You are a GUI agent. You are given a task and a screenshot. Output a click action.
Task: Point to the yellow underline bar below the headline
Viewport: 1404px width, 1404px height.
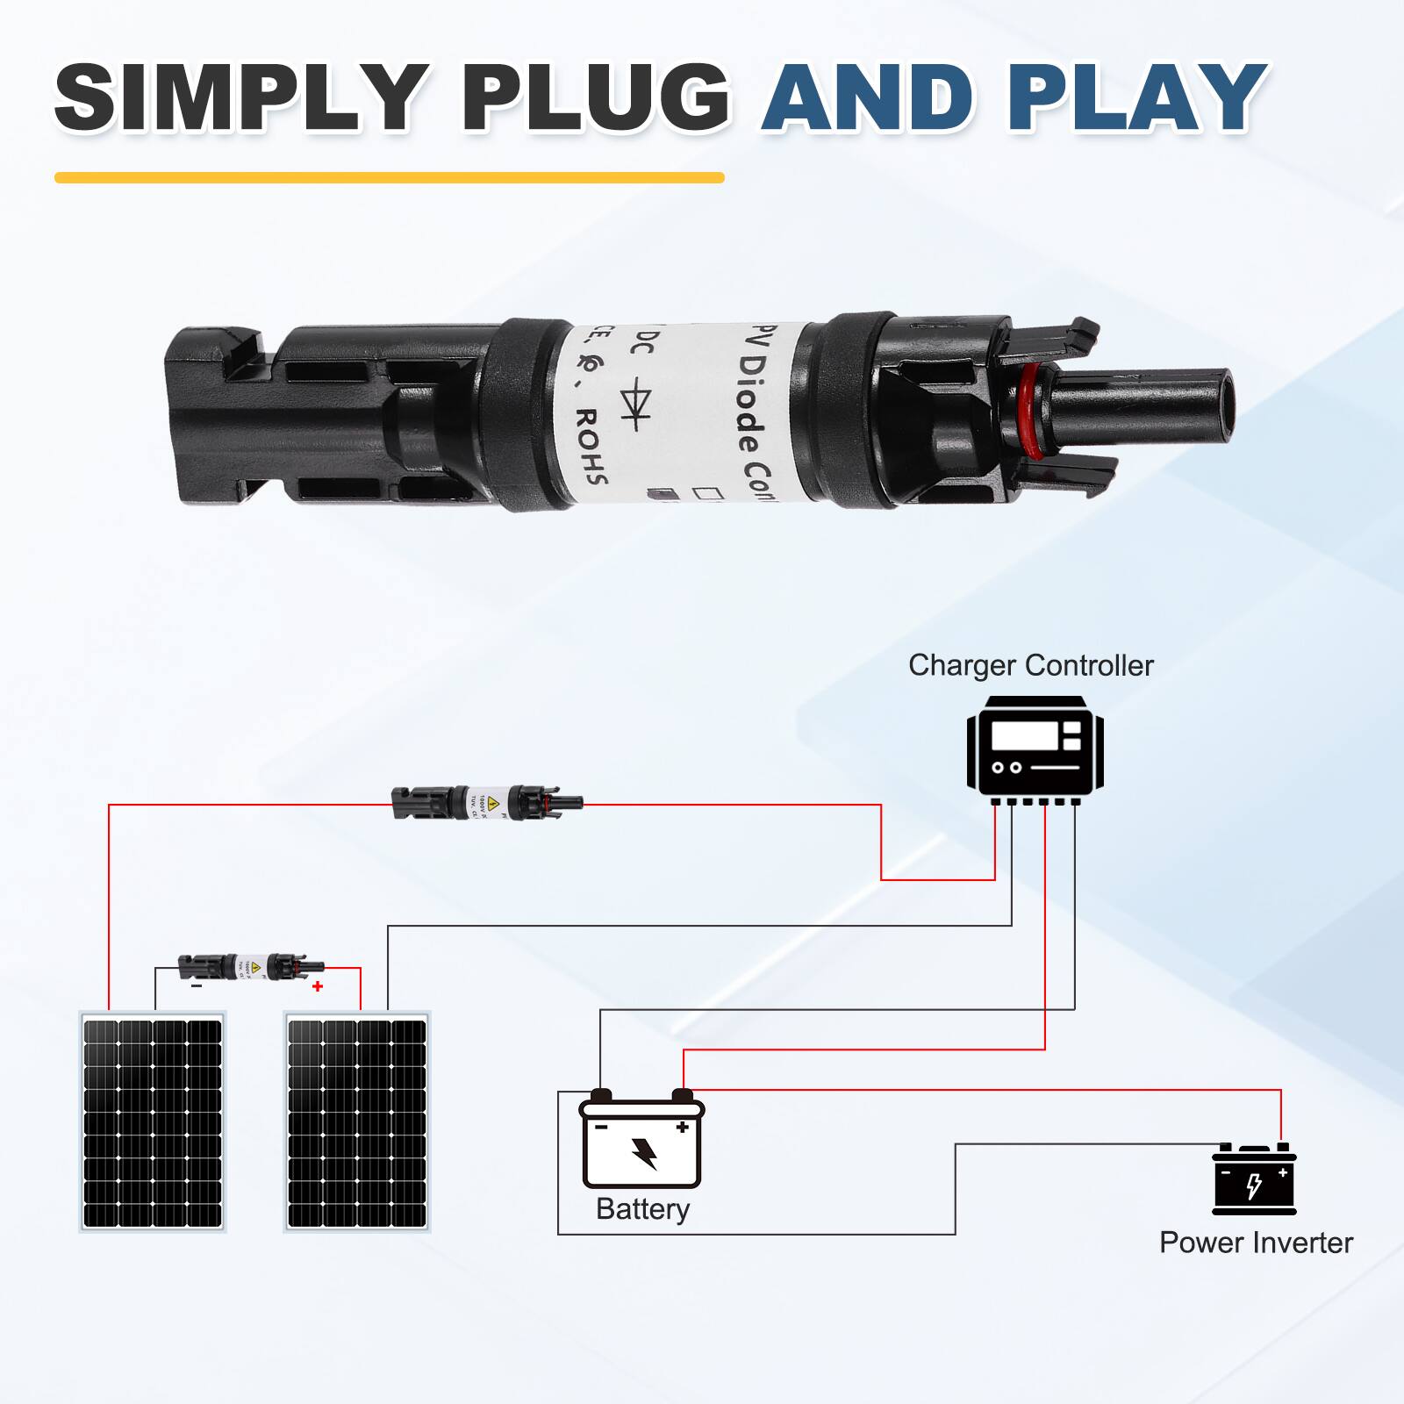click(389, 177)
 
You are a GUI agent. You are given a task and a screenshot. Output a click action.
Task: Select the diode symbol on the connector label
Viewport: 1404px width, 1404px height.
click(634, 404)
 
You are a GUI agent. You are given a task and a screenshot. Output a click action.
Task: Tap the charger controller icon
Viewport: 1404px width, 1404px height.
click(1035, 750)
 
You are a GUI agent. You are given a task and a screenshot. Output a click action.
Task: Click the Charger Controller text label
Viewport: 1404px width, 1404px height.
click(1030, 665)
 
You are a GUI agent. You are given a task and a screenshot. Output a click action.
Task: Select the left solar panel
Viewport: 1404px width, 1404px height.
click(153, 1122)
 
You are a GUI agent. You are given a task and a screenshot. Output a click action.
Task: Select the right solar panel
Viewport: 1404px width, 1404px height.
click(357, 1122)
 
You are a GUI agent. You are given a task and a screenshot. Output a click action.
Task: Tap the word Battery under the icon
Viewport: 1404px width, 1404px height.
click(642, 1208)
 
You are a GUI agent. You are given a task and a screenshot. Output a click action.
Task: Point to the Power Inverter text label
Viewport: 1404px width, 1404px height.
click(1255, 1243)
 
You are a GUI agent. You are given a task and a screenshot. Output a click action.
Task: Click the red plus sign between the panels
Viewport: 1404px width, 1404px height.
click(318, 986)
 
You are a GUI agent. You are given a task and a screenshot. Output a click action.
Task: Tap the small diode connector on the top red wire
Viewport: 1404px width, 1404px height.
click(486, 802)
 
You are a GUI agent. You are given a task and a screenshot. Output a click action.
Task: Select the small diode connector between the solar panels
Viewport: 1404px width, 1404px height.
click(251, 967)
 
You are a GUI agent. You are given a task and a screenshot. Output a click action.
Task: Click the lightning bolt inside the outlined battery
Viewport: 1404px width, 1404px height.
click(645, 1153)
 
